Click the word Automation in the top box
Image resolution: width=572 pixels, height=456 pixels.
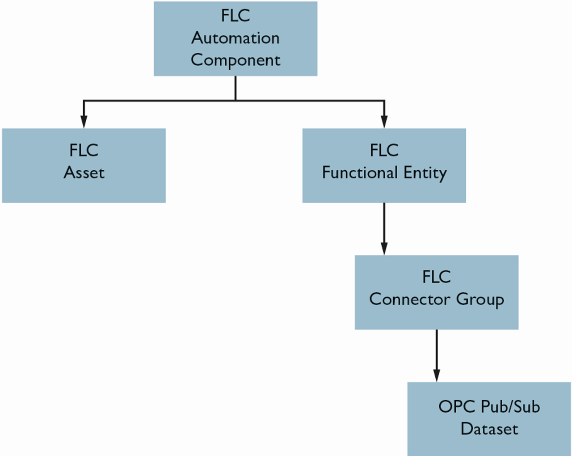(x=236, y=38)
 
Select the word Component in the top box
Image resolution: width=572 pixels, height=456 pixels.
(x=236, y=60)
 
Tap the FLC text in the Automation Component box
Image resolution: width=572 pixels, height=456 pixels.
(x=236, y=16)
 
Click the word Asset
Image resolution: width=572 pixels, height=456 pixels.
(x=84, y=173)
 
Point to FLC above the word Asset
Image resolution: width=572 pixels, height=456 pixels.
(x=84, y=150)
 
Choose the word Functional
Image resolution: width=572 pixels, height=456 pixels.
(x=360, y=173)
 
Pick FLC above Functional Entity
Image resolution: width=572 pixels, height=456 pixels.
(x=384, y=150)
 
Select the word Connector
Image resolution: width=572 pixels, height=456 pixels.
(x=409, y=299)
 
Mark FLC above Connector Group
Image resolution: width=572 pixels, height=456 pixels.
(x=437, y=277)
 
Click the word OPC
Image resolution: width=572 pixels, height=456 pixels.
(x=457, y=406)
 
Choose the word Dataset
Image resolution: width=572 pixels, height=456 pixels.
(x=489, y=429)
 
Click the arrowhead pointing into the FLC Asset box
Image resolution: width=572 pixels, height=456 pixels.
(x=84, y=122)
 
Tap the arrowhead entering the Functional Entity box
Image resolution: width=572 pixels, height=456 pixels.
(x=384, y=122)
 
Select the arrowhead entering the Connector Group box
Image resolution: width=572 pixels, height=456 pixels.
(x=384, y=249)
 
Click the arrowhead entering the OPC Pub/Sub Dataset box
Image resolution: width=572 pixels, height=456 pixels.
(x=437, y=376)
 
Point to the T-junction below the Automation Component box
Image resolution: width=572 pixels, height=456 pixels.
(x=236, y=101)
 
